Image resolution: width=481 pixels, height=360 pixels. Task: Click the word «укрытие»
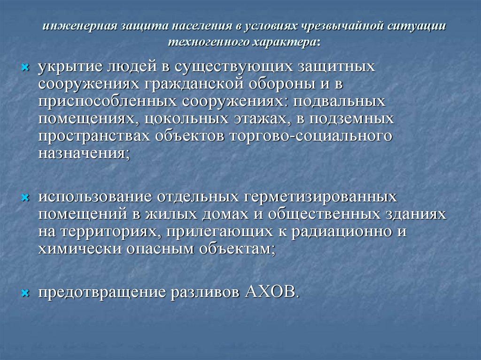(x=67, y=66)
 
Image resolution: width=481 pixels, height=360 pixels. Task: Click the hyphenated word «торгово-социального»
(x=310, y=136)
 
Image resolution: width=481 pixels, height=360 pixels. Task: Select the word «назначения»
(x=83, y=153)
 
